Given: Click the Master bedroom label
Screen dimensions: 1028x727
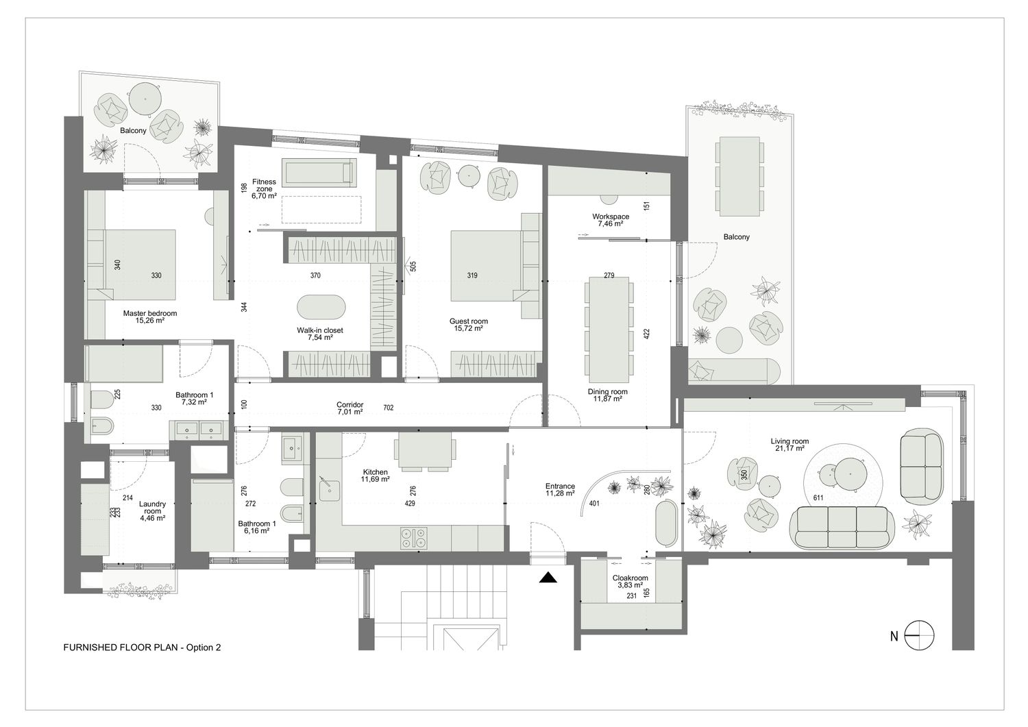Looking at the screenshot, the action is (149, 313).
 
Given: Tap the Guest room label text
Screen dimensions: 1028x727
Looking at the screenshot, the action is (469, 321).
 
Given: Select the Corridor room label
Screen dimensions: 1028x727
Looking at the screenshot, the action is (350, 405).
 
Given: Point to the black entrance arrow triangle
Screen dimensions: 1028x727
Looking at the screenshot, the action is (548, 578).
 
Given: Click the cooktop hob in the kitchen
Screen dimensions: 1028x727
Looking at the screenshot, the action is (414, 539).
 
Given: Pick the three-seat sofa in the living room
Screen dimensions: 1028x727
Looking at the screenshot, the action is (842, 528).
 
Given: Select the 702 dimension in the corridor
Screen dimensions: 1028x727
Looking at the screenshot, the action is (389, 407).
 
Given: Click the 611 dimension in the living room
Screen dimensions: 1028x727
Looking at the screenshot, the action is (818, 497).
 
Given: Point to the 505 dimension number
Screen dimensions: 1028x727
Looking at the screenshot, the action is (413, 266).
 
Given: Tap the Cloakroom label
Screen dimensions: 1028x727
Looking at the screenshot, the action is (630, 578).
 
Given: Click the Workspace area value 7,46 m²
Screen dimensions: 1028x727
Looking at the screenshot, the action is (611, 224).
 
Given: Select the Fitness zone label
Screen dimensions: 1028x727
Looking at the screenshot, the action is (264, 185).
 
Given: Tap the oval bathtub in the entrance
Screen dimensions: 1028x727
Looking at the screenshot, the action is (666, 523).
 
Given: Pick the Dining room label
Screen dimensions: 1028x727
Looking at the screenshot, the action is (608, 391).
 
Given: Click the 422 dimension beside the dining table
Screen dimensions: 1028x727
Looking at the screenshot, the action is (647, 334).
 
